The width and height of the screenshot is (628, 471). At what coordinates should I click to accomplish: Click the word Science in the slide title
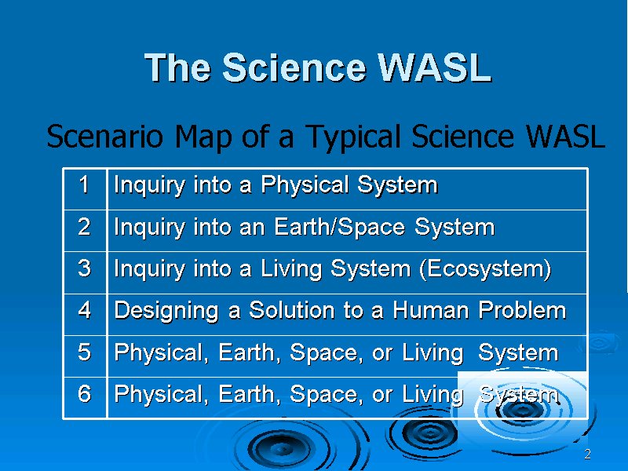[x=294, y=68]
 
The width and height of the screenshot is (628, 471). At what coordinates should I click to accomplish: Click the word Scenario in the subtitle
[x=105, y=136]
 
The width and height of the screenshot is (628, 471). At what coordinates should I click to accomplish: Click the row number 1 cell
[x=85, y=189]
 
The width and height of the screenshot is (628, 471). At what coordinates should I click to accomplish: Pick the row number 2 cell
[x=85, y=231]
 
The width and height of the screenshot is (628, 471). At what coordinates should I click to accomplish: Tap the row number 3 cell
[x=85, y=272]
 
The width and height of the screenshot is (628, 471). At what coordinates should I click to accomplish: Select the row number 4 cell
[x=85, y=315]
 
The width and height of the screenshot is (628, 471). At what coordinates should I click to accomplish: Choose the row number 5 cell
[x=85, y=356]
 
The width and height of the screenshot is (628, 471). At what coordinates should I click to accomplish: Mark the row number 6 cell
[x=85, y=397]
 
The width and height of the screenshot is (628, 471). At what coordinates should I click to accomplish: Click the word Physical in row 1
[x=305, y=186]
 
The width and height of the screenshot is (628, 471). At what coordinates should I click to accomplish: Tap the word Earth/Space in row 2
[x=340, y=227]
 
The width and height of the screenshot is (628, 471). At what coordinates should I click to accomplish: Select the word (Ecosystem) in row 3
[x=485, y=269]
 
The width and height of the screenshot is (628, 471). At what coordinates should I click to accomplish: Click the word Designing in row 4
[x=166, y=311]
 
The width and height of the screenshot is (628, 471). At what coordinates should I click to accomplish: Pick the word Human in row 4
[x=430, y=310]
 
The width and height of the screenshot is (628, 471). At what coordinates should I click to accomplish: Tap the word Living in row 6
[x=433, y=395]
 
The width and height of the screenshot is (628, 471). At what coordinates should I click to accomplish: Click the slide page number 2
[x=587, y=455]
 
